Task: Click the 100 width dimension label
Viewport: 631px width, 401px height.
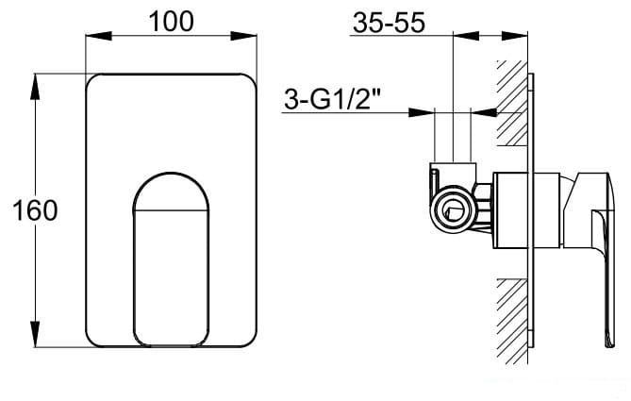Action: click(x=171, y=22)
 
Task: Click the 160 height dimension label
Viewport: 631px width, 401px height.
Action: click(x=36, y=210)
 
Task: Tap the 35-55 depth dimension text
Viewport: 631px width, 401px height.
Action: click(x=389, y=23)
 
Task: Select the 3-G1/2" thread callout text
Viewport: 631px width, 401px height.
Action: click(x=332, y=99)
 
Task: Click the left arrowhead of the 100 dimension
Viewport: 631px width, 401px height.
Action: click(x=99, y=36)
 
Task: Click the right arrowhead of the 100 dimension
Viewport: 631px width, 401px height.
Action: click(x=243, y=36)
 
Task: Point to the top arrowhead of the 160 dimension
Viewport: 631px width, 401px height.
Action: click(x=36, y=87)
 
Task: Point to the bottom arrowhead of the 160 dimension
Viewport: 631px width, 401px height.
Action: click(x=36, y=334)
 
